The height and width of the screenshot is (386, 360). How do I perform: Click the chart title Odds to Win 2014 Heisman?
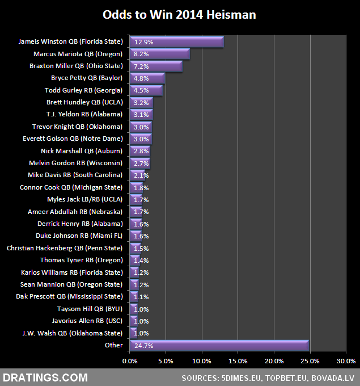tap(179, 15)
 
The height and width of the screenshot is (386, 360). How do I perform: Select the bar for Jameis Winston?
tap(176, 41)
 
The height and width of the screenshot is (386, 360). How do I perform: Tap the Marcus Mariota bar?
tap(159, 54)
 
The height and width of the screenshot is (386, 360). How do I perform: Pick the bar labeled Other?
tap(219, 345)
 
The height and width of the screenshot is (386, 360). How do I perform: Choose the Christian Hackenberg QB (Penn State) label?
tap(64, 248)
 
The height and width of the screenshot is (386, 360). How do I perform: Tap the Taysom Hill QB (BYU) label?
tap(90, 309)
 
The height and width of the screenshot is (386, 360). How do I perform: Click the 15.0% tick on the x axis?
tap(238, 361)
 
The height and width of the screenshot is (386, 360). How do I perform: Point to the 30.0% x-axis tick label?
tap(346, 361)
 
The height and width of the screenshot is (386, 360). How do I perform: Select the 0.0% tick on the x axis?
tap(130, 361)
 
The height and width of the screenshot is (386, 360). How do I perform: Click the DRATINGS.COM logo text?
tap(46, 377)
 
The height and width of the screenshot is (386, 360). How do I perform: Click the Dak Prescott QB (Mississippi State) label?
tap(69, 296)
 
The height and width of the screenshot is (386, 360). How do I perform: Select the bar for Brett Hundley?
tap(141, 103)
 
